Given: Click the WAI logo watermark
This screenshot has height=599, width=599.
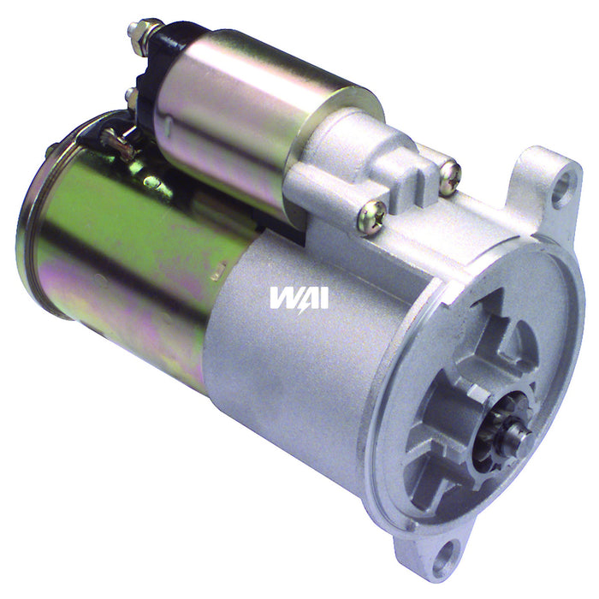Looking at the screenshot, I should pos(299,297).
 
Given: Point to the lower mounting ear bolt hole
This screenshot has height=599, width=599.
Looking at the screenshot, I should pos(444,561).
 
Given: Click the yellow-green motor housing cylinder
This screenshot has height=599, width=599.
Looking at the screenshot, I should pos(128,257).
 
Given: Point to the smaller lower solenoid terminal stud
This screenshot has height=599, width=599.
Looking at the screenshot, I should pos(131,96).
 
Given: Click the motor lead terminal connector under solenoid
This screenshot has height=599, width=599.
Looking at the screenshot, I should pos(120,141).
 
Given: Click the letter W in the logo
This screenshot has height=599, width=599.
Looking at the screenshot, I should pos(282,297).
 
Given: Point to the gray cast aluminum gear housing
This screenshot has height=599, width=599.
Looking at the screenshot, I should pos(291,368).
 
